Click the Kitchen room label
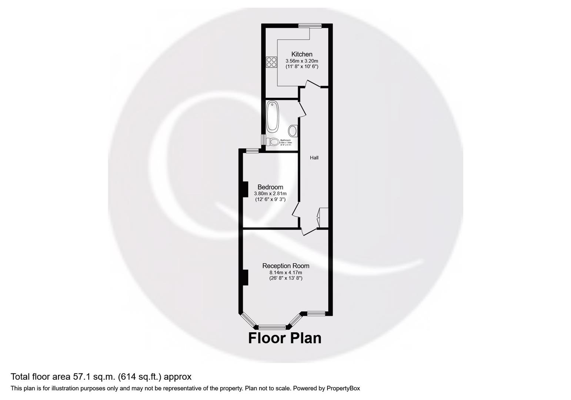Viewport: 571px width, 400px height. (x=301, y=54)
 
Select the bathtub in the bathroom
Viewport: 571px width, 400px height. (x=272, y=117)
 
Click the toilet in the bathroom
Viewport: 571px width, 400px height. (x=273, y=141)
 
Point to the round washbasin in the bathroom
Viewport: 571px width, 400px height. (x=293, y=131)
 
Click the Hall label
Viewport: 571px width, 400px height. (x=314, y=157)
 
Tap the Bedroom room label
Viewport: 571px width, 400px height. (x=270, y=187)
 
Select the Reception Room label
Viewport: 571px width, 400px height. (x=285, y=266)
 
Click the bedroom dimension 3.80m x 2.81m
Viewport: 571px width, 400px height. (x=270, y=193)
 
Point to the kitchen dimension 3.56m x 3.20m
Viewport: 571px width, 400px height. (x=302, y=61)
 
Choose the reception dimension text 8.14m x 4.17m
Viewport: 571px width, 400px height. (x=285, y=272)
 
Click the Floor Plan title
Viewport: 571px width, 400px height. (x=284, y=338)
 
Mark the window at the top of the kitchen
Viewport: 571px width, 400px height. (x=310, y=26)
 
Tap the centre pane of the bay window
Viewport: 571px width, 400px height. (x=272, y=327)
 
